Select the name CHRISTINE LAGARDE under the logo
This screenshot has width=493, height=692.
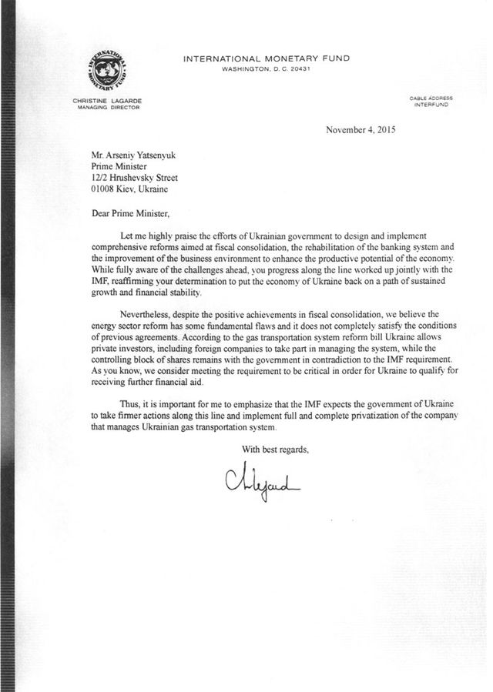click(x=106, y=102)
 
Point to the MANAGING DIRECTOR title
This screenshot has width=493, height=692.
click(x=106, y=109)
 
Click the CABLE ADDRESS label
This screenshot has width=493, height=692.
click(x=431, y=98)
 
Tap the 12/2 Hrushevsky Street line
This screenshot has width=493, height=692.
click(x=129, y=176)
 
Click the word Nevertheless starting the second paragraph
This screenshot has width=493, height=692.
click(x=147, y=315)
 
